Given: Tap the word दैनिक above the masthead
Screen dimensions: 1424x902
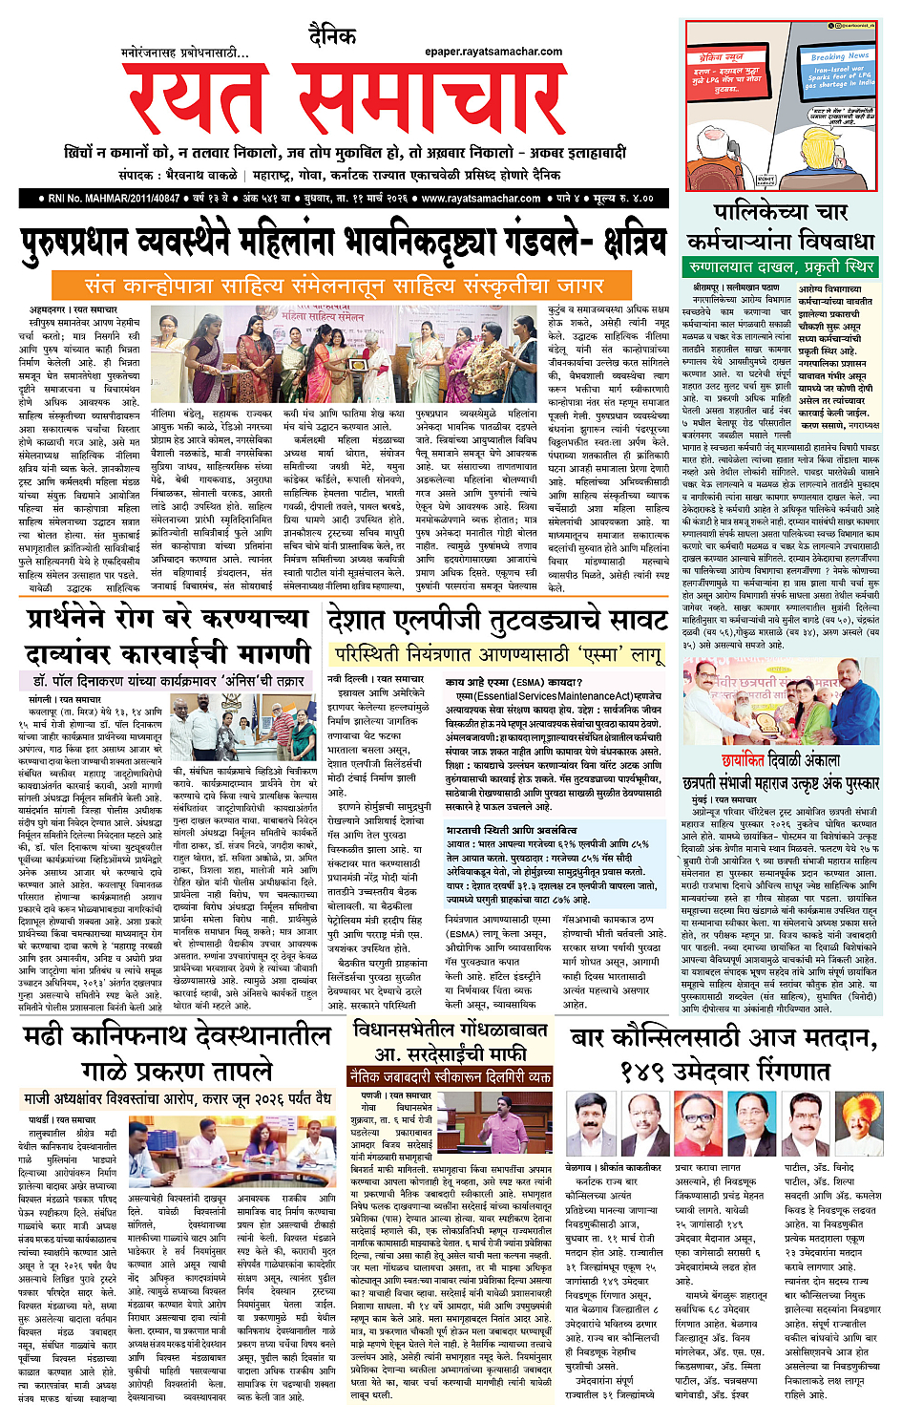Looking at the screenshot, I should pos(331,36).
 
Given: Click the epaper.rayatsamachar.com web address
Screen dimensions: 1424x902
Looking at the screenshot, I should pos(493,52).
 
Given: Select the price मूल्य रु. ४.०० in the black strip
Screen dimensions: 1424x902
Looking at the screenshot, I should pos(622,199).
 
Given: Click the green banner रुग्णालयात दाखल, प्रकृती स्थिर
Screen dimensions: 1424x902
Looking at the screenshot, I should pos(780,266).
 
